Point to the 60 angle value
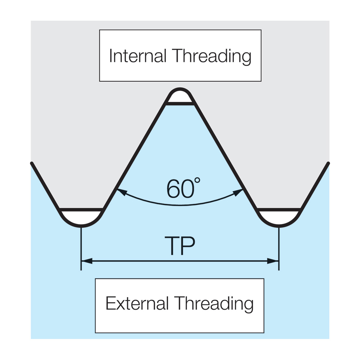pyautogui.click(x=181, y=189)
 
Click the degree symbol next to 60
pyautogui.click(x=197, y=181)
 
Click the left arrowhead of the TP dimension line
pyautogui.click(x=87, y=261)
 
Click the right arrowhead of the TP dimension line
pyautogui.click(x=273, y=261)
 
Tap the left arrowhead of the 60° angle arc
pyautogui.click(x=122, y=192)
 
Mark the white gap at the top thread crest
pyautogui.click(x=180, y=97)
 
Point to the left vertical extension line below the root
pyautogui.click(x=81, y=249)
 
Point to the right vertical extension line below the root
pyautogui.click(x=279, y=249)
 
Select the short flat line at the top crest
pyautogui.click(x=180, y=103)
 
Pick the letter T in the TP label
pyautogui.click(x=172, y=246)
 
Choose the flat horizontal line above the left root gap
pyautogui.click(x=81, y=210)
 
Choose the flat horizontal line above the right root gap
pyautogui.click(x=279, y=210)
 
